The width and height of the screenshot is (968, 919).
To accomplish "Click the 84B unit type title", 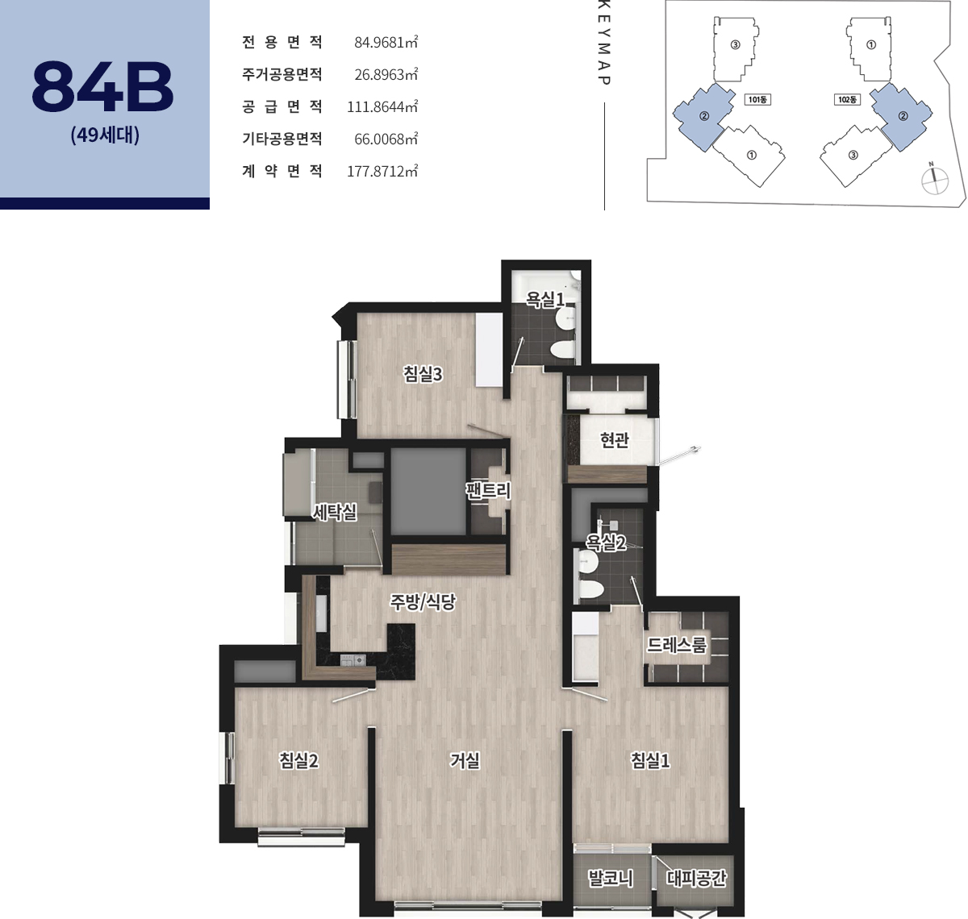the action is pos(102,86).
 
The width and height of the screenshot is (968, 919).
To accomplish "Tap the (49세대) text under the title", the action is pos(105,135).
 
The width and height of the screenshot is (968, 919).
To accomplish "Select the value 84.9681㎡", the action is pos(386,43).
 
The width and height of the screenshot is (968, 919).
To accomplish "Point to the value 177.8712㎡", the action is pos(382,171).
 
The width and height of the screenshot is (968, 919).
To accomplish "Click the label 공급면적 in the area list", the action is pos(282,106).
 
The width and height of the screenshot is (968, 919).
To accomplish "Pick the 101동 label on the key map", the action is pos(757,99).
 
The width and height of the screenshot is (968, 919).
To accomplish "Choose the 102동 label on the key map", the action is pos(847,99).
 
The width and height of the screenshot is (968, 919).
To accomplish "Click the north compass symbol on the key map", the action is pos(934,179).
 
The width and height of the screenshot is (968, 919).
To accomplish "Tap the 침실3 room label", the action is pos(423,373).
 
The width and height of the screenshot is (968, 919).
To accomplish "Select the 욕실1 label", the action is pos(545,299).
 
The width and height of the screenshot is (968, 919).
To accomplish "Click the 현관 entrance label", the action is pos(615,439).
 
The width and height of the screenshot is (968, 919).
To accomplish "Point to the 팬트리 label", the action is pos(488,490).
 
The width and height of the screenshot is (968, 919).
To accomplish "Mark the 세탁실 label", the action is pos(335,513).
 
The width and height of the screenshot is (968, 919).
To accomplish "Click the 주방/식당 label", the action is pos(423,601).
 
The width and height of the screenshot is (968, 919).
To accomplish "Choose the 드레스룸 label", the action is pos(677,644).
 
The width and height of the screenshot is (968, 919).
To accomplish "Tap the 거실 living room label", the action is pos(465,760).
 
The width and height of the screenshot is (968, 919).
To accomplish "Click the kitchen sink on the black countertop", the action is pos(353,659).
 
